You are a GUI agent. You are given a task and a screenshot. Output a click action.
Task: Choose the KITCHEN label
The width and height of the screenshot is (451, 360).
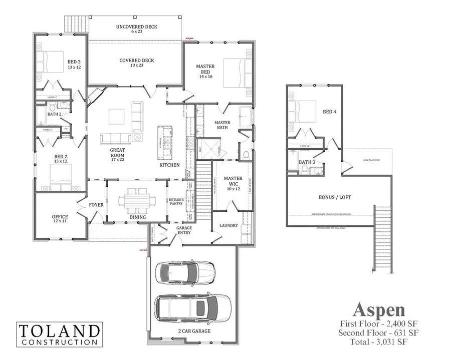[169, 165]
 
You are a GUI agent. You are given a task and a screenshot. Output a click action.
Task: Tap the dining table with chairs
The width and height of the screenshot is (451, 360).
[137, 200]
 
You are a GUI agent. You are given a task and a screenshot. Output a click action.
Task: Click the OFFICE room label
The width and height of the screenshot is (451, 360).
[60, 219]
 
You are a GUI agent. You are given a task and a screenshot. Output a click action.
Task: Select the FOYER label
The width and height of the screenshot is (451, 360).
[96, 205]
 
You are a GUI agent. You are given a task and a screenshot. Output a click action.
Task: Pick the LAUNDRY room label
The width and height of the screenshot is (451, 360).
[229, 226]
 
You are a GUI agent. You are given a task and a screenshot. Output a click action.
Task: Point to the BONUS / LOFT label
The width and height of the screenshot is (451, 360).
[335, 197]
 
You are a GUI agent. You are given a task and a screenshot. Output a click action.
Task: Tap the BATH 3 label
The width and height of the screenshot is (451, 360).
[306, 162]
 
